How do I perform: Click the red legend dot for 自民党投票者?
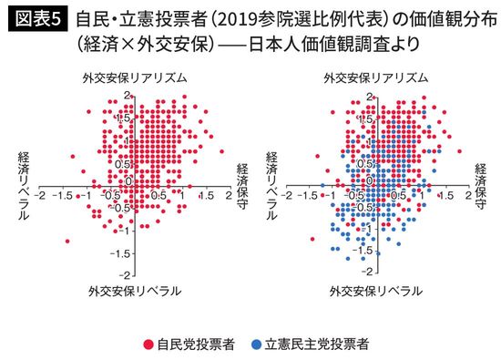[x=148, y=345]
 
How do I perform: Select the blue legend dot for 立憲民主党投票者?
[x=258, y=345]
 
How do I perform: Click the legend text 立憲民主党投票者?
[x=315, y=345]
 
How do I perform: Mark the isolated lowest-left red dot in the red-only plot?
[x=67, y=241]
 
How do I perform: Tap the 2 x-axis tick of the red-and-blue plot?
[x=468, y=195]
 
